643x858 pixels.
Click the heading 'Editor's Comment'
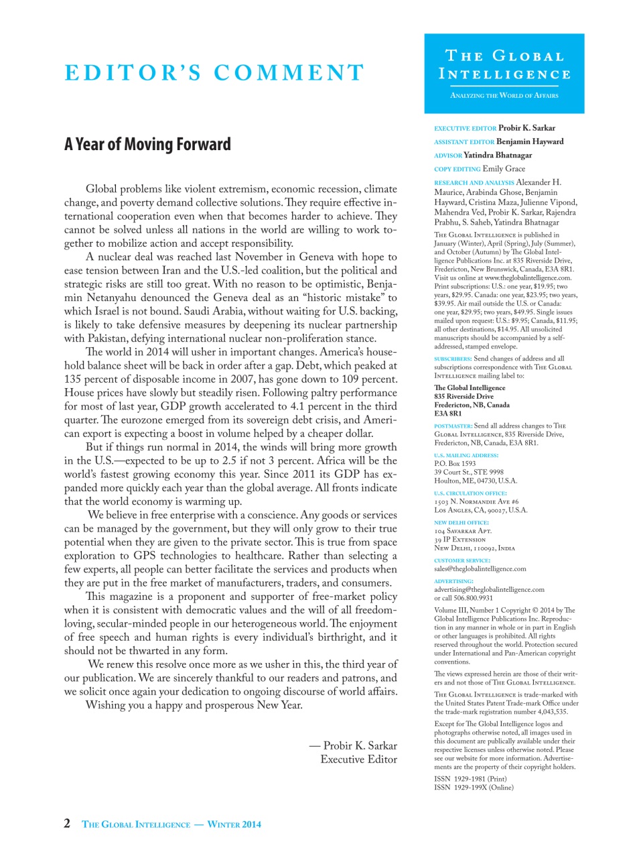tap(214, 72)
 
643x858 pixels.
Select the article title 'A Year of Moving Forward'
tap(147, 145)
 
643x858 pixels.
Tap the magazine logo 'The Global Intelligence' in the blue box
tap(504, 65)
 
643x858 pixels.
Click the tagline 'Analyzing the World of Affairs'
tap(504, 95)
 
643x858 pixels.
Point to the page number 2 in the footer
tap(67, 824)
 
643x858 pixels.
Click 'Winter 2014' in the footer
tap(234, 824)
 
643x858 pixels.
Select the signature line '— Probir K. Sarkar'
tap(353, 745)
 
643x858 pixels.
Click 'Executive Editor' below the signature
tap(358, 759)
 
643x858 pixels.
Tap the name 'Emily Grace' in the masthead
tap(504, 169)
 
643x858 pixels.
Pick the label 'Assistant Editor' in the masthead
tap(464, 142)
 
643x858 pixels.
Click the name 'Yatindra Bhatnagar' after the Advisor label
tap(498, 156)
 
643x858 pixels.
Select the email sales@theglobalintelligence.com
tap(480, 568)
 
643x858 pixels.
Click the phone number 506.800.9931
tap(473, 598)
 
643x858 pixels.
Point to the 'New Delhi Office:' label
tap(461, 522)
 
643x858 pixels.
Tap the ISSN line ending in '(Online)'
tap(474, 788)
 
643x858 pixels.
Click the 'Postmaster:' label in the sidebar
tap(453, 426)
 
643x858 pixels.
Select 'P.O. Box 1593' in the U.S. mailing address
tap(455, 463)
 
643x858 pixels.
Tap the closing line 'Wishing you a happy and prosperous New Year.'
tap(194, 705)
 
